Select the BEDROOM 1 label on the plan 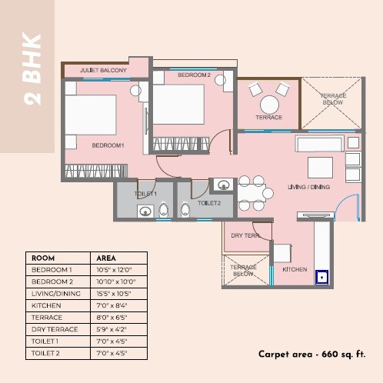pyautogui.click(x=108, y=145)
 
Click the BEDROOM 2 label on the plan pyautogui.click(x=194, y=75)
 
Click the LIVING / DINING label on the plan pyautogui.click(x=308, y=188)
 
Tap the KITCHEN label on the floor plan pyautogui.click(x=295, y=270)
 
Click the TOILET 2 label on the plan pyautogui.click(x=209, y=203)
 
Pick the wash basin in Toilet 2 pyautogui.click(x=222, y=185)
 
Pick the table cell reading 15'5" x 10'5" pyautogui.click(x=111, y=294)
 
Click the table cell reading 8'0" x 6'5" pyautogui.click(x=109, y=318)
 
